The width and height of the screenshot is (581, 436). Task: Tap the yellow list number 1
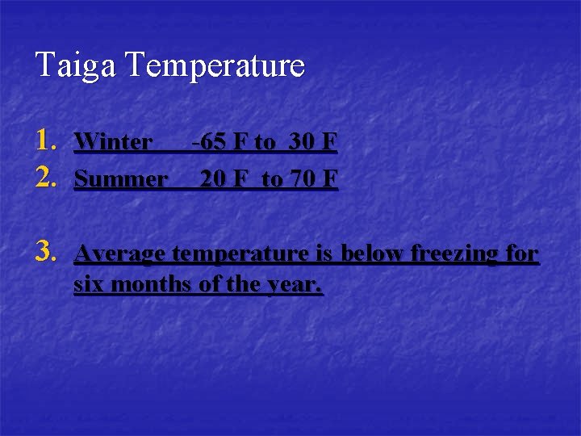click(x=48, y=141)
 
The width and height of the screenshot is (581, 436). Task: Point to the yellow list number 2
click(x=48, y=177)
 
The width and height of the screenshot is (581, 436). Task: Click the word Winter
click(x=112, y=143)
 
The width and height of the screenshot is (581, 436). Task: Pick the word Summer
click(x=120, y=178)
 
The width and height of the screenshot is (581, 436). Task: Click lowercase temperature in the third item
click(x=241, y=254)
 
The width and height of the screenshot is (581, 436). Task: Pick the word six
click(x=90, y=285)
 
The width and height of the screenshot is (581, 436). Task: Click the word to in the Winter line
click(x=264, y=144)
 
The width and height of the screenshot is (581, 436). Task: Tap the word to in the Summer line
click(x=272, y=179)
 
